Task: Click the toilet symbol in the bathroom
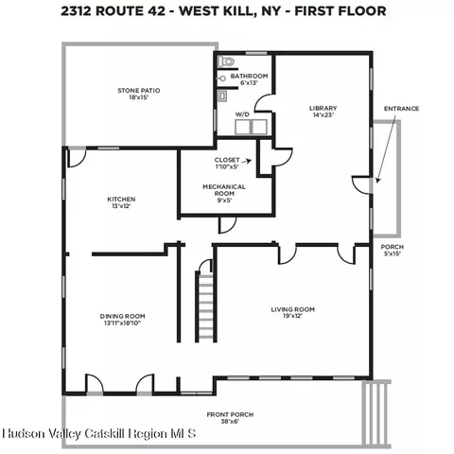[x=227, y=61]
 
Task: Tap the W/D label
[x=242, y=114]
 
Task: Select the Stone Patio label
[x=139, y=91]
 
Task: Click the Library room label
[x=323, y=108]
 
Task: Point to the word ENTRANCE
[x=401, y=109]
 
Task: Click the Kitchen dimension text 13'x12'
[x=121, y=206]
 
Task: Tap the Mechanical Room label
[x=224, y=190]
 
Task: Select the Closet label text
[x=227, y=160]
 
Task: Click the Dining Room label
[x=122, y=316]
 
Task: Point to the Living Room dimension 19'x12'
[x=293, y=316]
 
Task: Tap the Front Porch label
[x=230, y=414]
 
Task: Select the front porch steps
[x=376, y=413]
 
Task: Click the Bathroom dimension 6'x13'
[x=249, y=83]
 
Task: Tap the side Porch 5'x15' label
[x=393, y=251]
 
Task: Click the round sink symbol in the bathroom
[x=222, y=79]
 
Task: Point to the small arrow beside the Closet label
[x=249, y=161]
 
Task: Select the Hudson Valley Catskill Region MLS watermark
[x=99, y=434]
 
